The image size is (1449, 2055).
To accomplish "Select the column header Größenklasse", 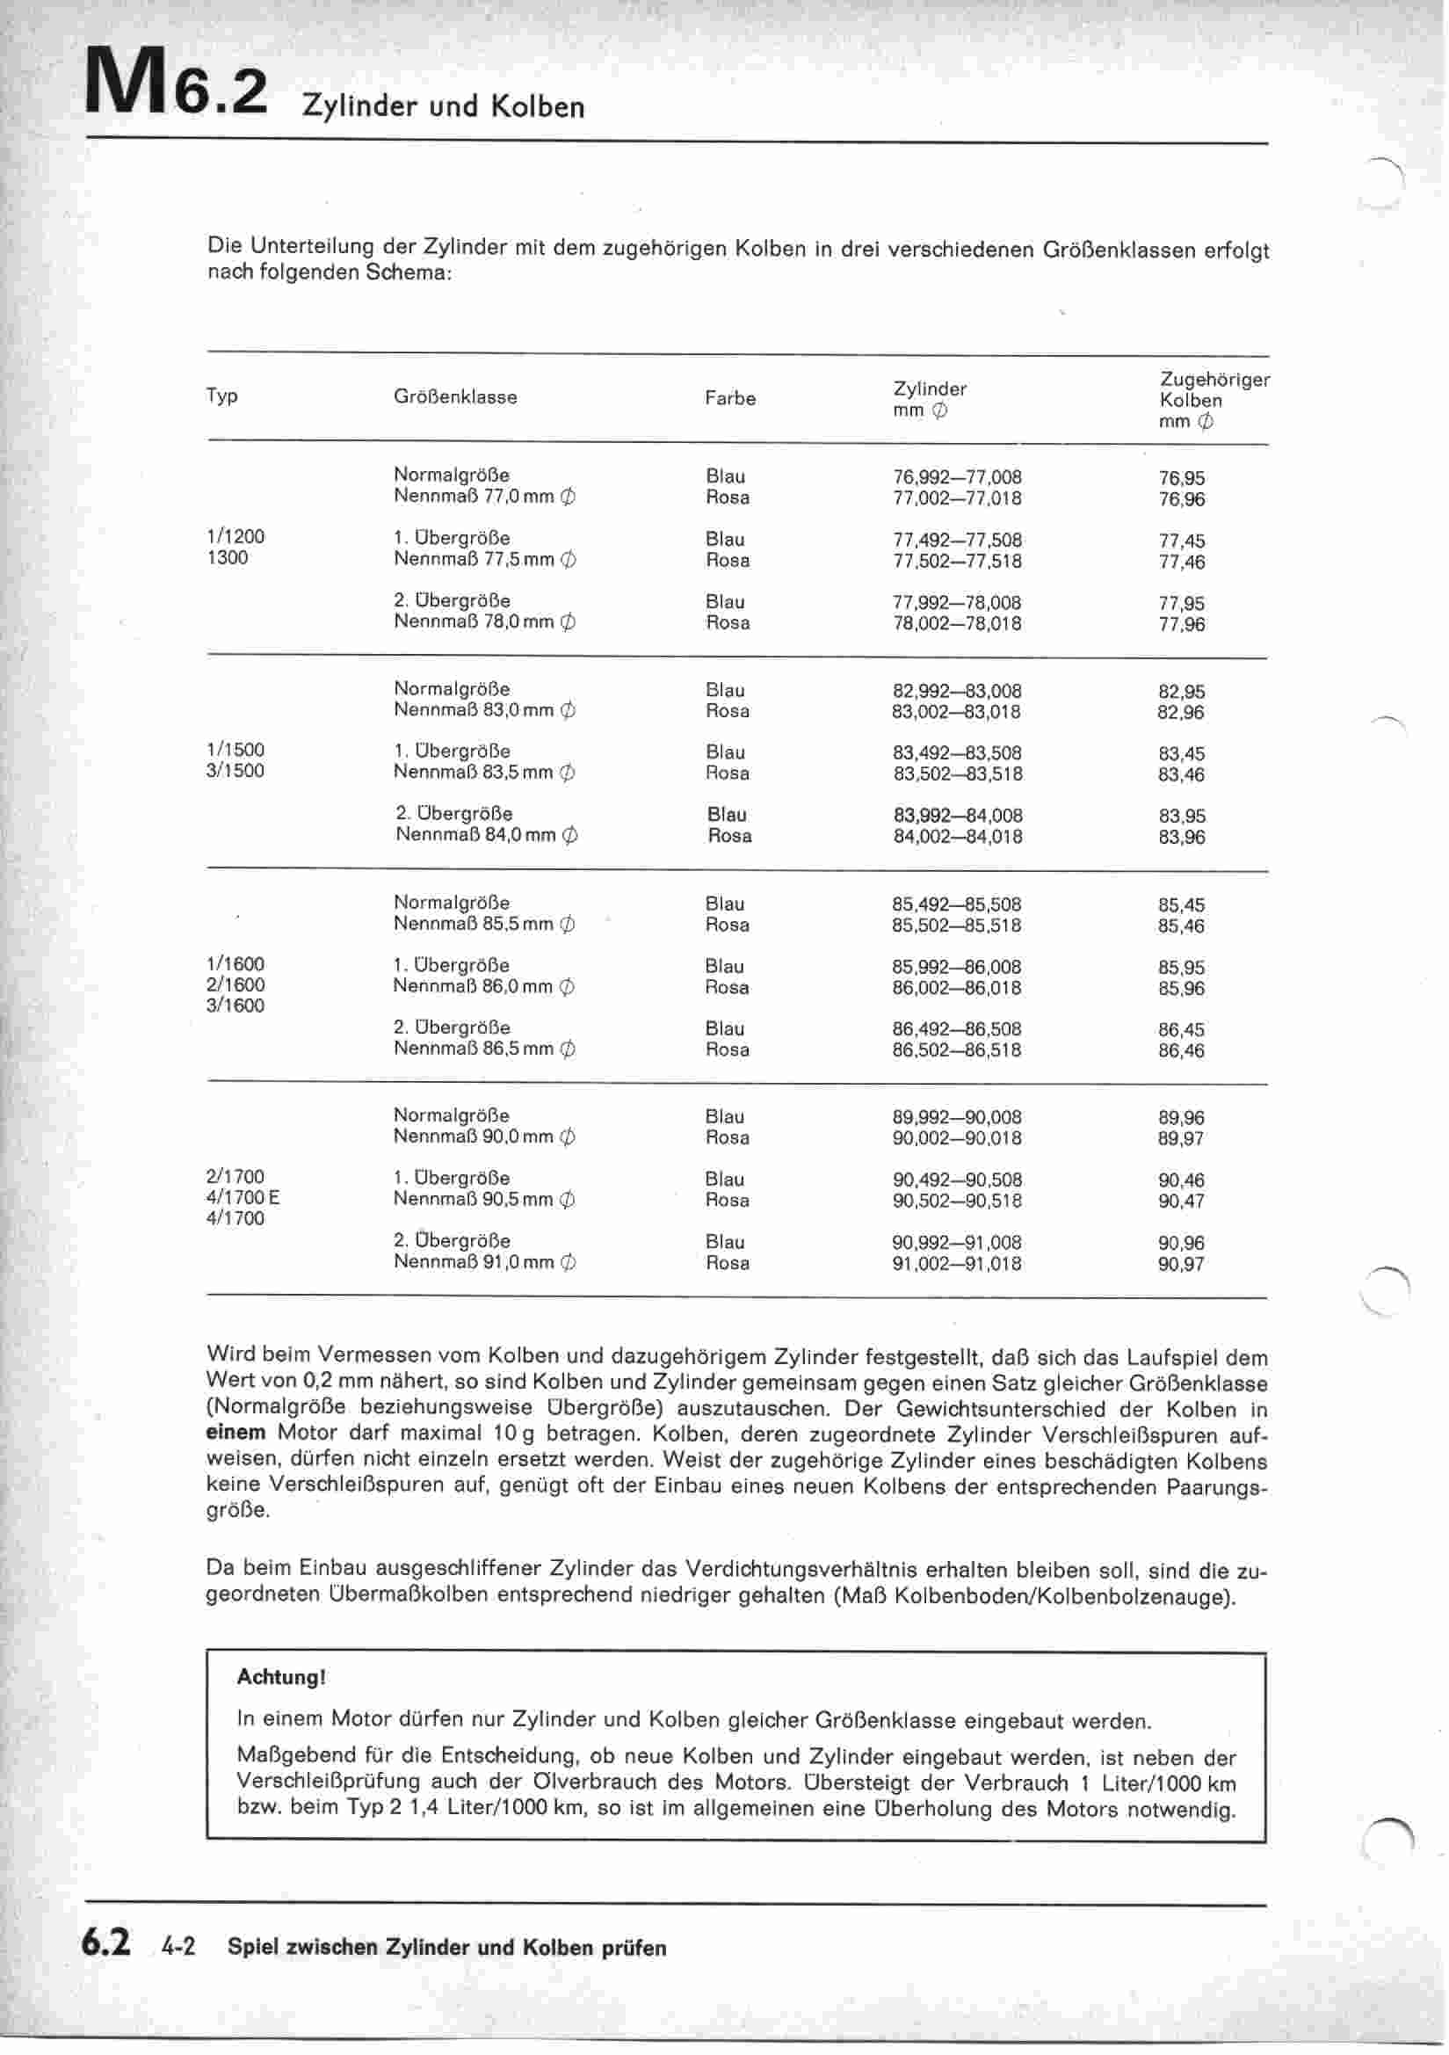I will click(x=454, y=396).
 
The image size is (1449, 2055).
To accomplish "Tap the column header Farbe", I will click(x=729, y=398).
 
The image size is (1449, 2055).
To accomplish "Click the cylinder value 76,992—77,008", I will click(x=957, y=477).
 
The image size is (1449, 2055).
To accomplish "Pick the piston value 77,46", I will click(x=1181, y=562).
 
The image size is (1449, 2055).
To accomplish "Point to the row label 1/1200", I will click(x=235, y=537).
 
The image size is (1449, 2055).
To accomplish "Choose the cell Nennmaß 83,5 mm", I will click(x=483, y=773).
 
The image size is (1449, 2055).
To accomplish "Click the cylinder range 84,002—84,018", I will click(x=957, y=837).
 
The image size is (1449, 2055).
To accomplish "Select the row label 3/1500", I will click(x=235, y=771).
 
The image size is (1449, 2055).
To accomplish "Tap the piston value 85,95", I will click(x=1181, y=968).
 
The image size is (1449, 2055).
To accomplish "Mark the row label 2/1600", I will click(x=235, y=984).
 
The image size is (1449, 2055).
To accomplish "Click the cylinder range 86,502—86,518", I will click(x=956, y=1049).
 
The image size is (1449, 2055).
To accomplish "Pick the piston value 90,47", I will click(x=1181, y=1202).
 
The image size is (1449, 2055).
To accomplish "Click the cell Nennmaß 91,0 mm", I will click(x=483, y=1263).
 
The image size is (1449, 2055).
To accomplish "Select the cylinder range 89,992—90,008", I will click(x=956, y=1117).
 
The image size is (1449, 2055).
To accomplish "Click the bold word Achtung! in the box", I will click(x=281, y=1676).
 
